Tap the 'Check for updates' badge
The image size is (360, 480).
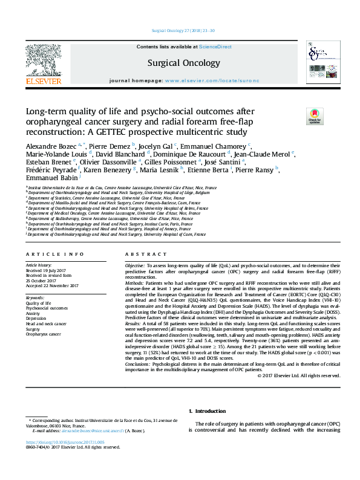pos(315,116)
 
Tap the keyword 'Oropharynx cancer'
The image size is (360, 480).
pos(43,334)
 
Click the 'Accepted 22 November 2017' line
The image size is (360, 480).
pos(52,285)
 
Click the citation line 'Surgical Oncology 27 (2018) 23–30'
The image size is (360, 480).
pos(180,31)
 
